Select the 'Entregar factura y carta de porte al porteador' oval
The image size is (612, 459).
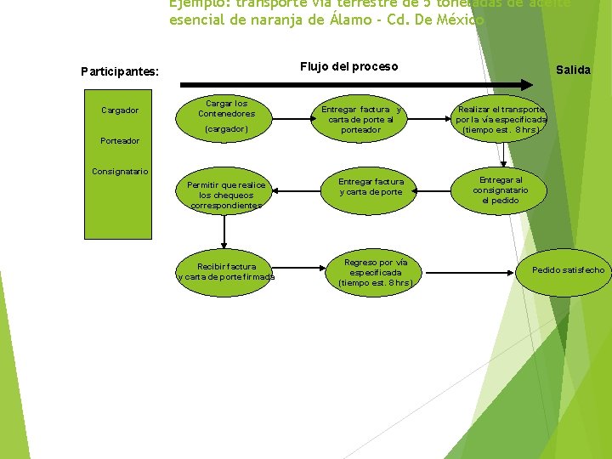coord(361,120)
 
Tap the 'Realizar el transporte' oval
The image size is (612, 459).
coord(501,120)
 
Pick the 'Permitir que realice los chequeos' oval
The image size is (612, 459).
coord(227,195)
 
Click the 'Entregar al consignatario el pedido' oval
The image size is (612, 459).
coord(501,190)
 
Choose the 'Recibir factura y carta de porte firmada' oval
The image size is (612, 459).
coord(226,271)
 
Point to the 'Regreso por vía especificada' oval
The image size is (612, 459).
coord(375,272)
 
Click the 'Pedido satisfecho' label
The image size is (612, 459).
coord(568,270)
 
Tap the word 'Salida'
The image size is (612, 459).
coord(573,70)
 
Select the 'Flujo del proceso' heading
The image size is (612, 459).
coord(348,66)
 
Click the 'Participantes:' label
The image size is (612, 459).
coord(120,71)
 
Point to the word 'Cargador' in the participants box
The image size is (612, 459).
coord(120,110)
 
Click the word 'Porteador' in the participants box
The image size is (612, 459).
coord(120,140)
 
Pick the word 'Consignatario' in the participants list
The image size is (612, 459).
coord(120,172)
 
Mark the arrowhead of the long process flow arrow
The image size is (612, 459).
coord(530,82)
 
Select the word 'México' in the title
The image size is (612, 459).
coord(458,20)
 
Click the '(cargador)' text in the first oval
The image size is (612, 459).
coord(227,129)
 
